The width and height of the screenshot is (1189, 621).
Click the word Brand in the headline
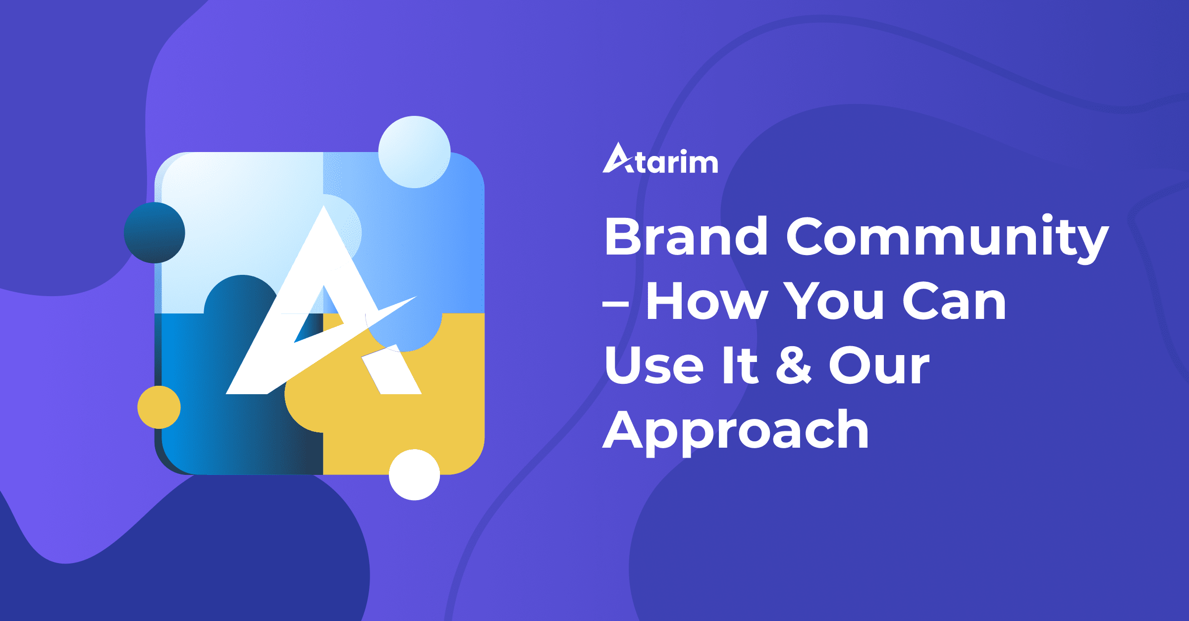(686, 236)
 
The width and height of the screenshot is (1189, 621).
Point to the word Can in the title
(954, 301)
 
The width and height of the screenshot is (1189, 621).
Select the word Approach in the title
(736, 430)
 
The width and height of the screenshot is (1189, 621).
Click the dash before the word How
(616, 303)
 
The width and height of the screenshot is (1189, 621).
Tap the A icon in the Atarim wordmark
(617, 158)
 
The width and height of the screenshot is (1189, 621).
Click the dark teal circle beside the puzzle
(155, 233)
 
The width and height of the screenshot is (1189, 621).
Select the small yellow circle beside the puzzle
(159, 407)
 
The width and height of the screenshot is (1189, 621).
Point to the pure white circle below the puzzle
(415, 474)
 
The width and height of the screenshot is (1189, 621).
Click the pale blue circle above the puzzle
(414, 152)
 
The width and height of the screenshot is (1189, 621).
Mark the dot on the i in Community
(1047, 218)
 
